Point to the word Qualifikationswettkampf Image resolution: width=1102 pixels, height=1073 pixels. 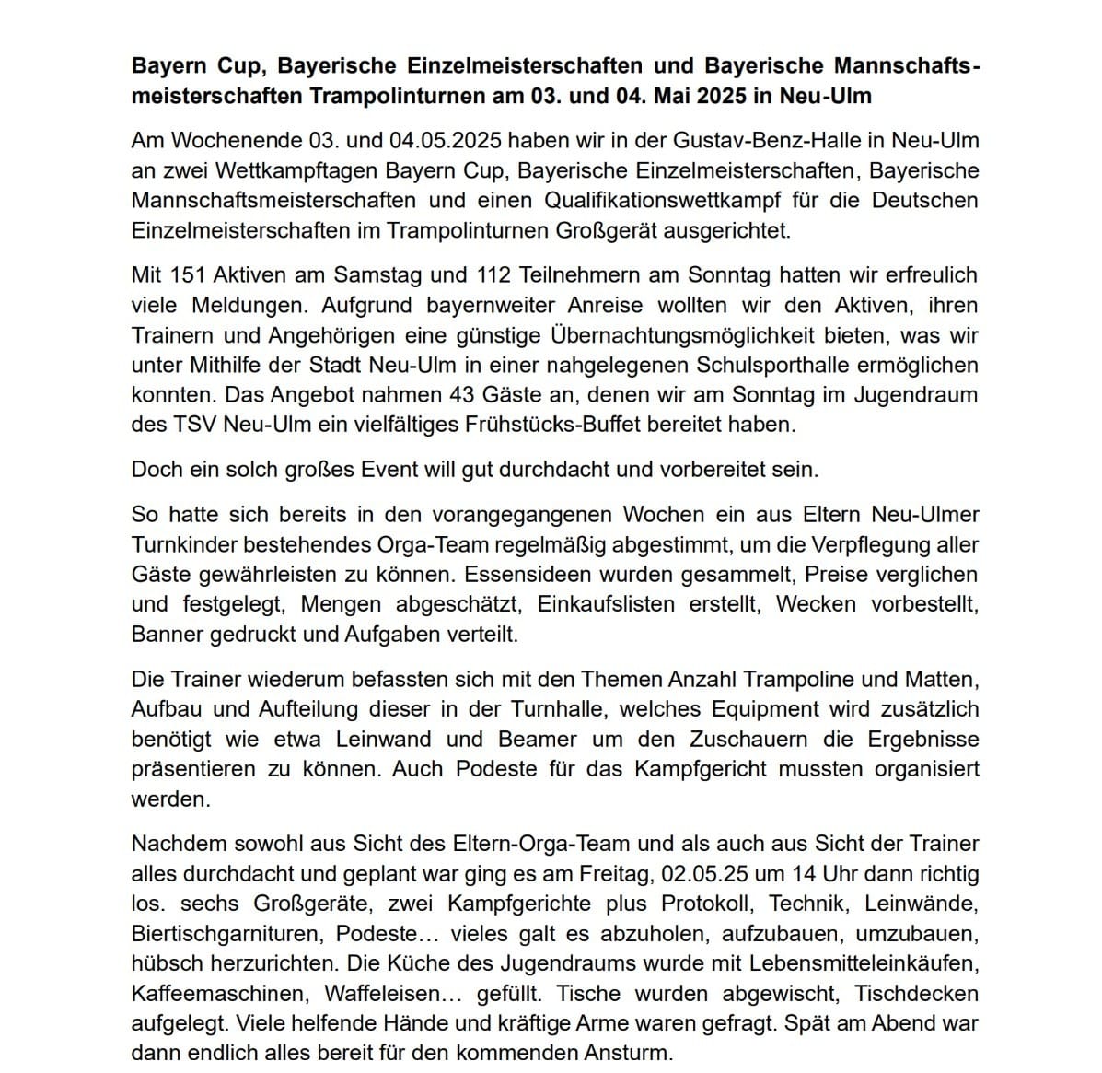point(649,200)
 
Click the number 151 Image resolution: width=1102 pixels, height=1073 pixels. point(188,274)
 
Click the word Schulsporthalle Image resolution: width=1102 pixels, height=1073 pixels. point(763,365)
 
